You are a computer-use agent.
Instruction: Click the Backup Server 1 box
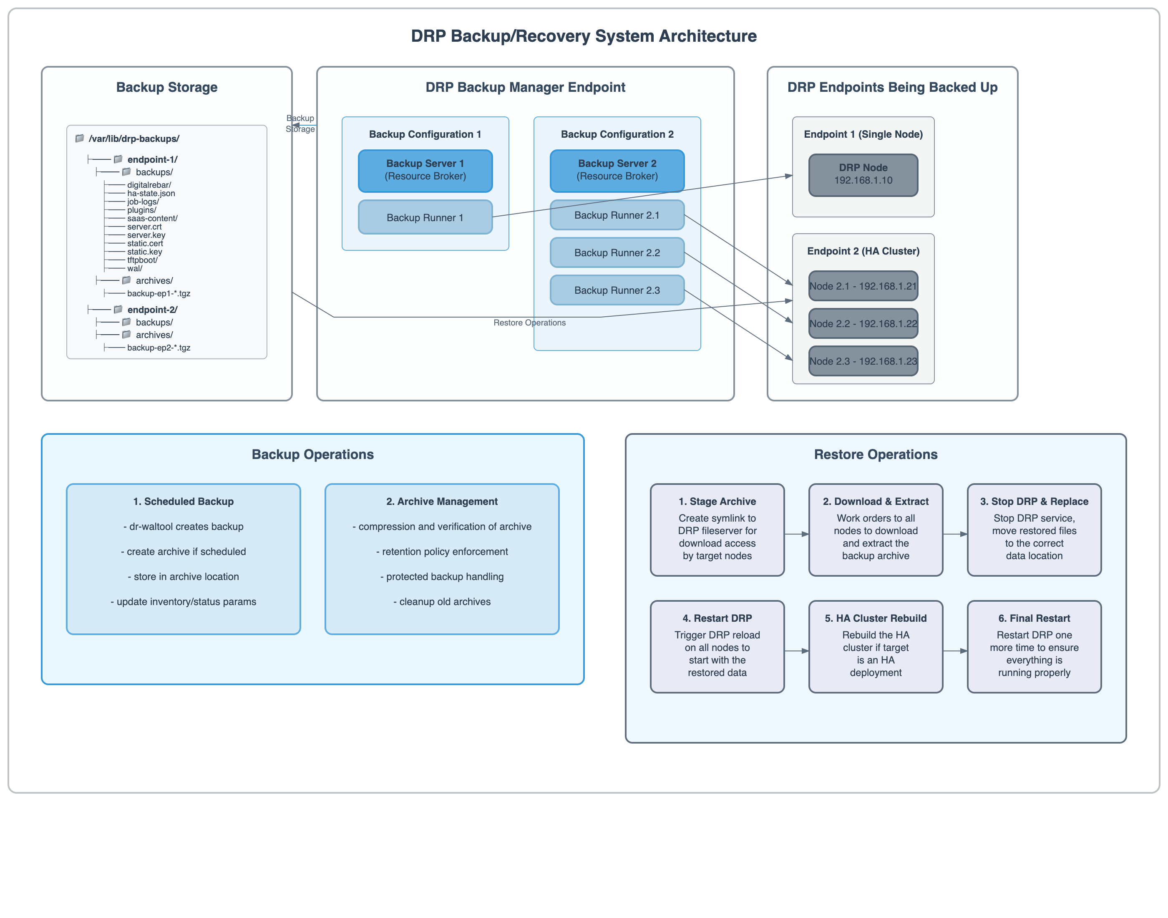pyautogui.click(x=425, y=170)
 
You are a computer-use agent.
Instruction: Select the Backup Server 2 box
pyautogui.click(x=617, y=170)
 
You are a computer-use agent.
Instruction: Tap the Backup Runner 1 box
pyautogui.click(x=425, y=217)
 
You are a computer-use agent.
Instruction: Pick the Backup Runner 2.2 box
pyautogui.click(x=617, y=252)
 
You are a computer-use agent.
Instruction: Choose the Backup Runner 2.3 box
pyautogui.click(x=617, y=290)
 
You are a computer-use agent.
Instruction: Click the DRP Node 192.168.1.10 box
pyautogui.click(x=863, y=175)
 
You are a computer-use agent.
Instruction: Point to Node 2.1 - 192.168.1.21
pyautogui.click(x=863, y=286)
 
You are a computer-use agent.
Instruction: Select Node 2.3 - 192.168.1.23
pyautogui.click(x=863, y=361)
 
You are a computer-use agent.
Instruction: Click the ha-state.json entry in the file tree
pyautogui.click(x=151, y=194)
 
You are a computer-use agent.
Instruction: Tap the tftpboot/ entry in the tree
pyautogui.click(x=142, y=260)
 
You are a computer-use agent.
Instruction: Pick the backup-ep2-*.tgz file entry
pyautogui.click(x=159, y=348)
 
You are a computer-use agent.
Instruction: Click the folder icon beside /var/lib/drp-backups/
pyautogui.click(x=80, y=138)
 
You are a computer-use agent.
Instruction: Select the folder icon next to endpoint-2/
pyautogui.click(x=118, y=310)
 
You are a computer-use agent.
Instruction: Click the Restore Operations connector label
pyautogui.click(x=529, y=323)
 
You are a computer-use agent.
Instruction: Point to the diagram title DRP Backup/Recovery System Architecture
pyautogui.click(x=584, y=36)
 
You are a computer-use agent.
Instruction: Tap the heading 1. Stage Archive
pyautogui.click(x=717, y=502)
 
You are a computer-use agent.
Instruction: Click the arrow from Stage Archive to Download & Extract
pyautogui.click(x=796, y=534)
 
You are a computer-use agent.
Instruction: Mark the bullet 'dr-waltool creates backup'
pyautogui.click(x=183, y=527)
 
